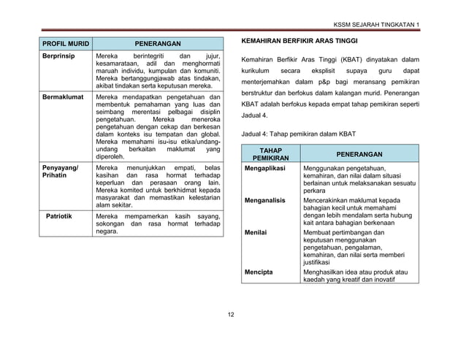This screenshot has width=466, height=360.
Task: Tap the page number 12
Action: tap(232, 314)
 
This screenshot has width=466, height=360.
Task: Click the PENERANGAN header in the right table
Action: tap(359, 154)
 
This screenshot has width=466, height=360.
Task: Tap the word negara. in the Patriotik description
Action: tap(107, 231)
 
